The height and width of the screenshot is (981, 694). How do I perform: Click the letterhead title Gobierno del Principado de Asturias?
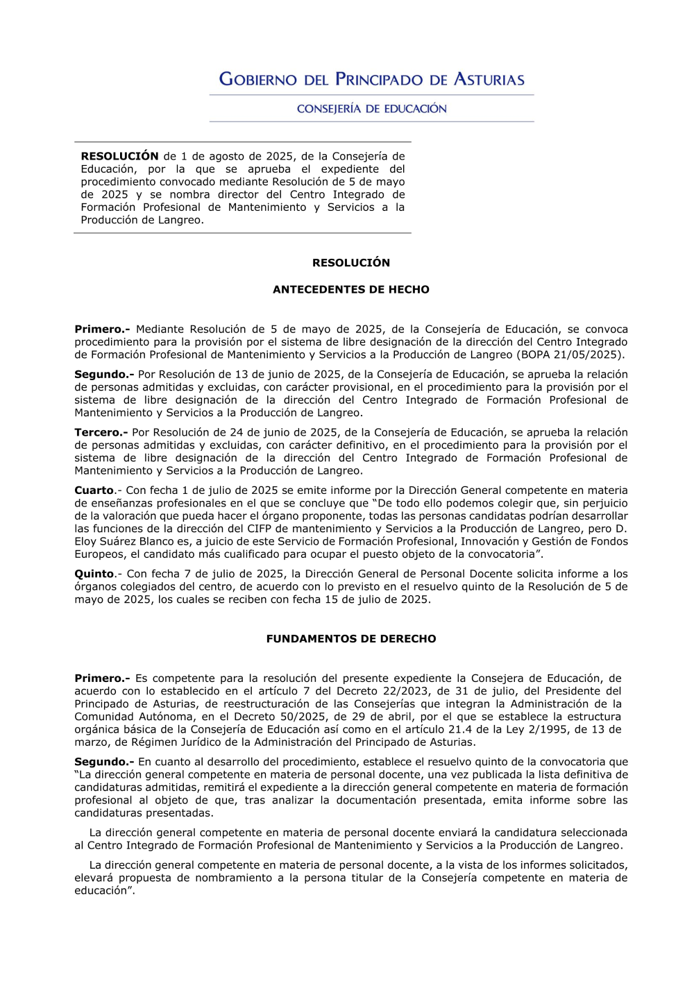coord(371,79)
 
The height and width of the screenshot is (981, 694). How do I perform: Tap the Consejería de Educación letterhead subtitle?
coord(371,109)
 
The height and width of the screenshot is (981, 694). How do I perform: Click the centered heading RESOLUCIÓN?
coord(350,263)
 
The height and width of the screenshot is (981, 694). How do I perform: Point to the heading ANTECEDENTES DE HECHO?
coord(350,289)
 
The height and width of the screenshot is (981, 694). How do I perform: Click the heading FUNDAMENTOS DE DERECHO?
coord(350,639)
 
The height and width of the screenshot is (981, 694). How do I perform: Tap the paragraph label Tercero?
coord(100,432)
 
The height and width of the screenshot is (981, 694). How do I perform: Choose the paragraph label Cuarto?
coord(94,490)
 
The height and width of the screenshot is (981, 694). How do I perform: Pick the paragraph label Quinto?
coord(94,574)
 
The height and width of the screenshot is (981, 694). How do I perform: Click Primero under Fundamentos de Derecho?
coord(101,679)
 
